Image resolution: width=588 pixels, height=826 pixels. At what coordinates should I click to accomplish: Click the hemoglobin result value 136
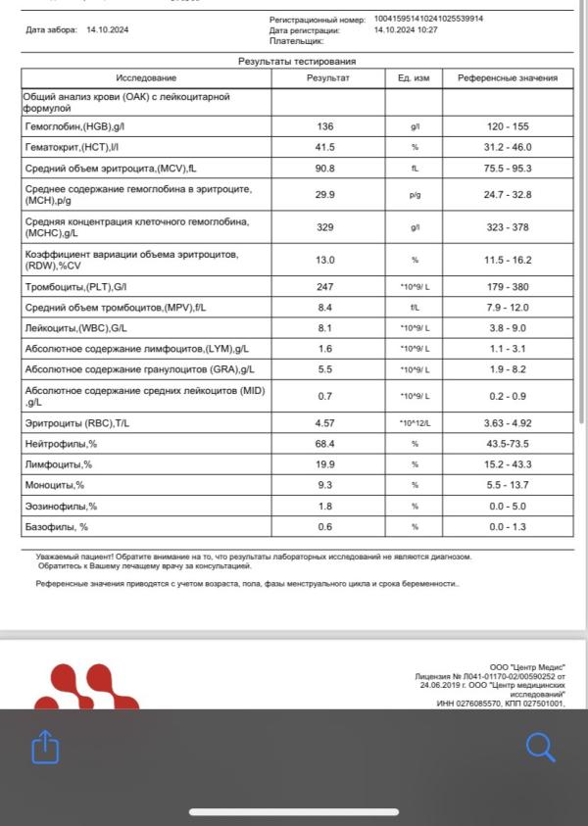pyautogui.click(x=326, y=126)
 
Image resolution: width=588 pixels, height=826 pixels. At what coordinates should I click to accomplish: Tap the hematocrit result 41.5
pyautogui.click(x=326, y=147)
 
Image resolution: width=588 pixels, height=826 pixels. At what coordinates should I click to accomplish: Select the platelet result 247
pyautogui.click(x=326, y=286)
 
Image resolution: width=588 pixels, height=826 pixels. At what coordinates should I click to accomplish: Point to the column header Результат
pyautogui.click(x=327, y=77)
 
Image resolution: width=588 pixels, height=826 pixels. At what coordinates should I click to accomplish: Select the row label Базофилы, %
pyautogui.click(x=57, y=526)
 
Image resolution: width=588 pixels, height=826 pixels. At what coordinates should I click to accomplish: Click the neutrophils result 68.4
pyautogui.click(x=326, y=444)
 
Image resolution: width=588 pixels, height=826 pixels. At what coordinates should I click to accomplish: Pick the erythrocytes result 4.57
pyautogui.click(x=326, y=422)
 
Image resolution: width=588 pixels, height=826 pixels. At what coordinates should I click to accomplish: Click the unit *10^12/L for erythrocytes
pyautogui.click(x=415, y=422)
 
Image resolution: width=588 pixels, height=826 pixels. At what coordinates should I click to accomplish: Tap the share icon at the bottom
pyautogui.click(x=45, y=748)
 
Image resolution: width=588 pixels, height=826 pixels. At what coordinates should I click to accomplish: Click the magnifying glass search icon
pyautogui.click(x=540, y=747)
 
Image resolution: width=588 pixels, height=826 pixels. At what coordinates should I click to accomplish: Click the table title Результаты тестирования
pyautogui.click(x=297, y=61)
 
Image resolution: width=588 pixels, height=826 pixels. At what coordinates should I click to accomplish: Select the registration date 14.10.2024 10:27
pyautogui.click(x=406, y=30)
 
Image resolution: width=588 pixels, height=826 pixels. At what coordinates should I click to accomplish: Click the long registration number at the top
pyautogui.click(x=428, y=19)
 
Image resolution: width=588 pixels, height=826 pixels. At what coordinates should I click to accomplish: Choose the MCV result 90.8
pyautogui.click(x=326, y=168)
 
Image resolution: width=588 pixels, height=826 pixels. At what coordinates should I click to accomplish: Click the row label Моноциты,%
pyautogui.click(x=55, y=485)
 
